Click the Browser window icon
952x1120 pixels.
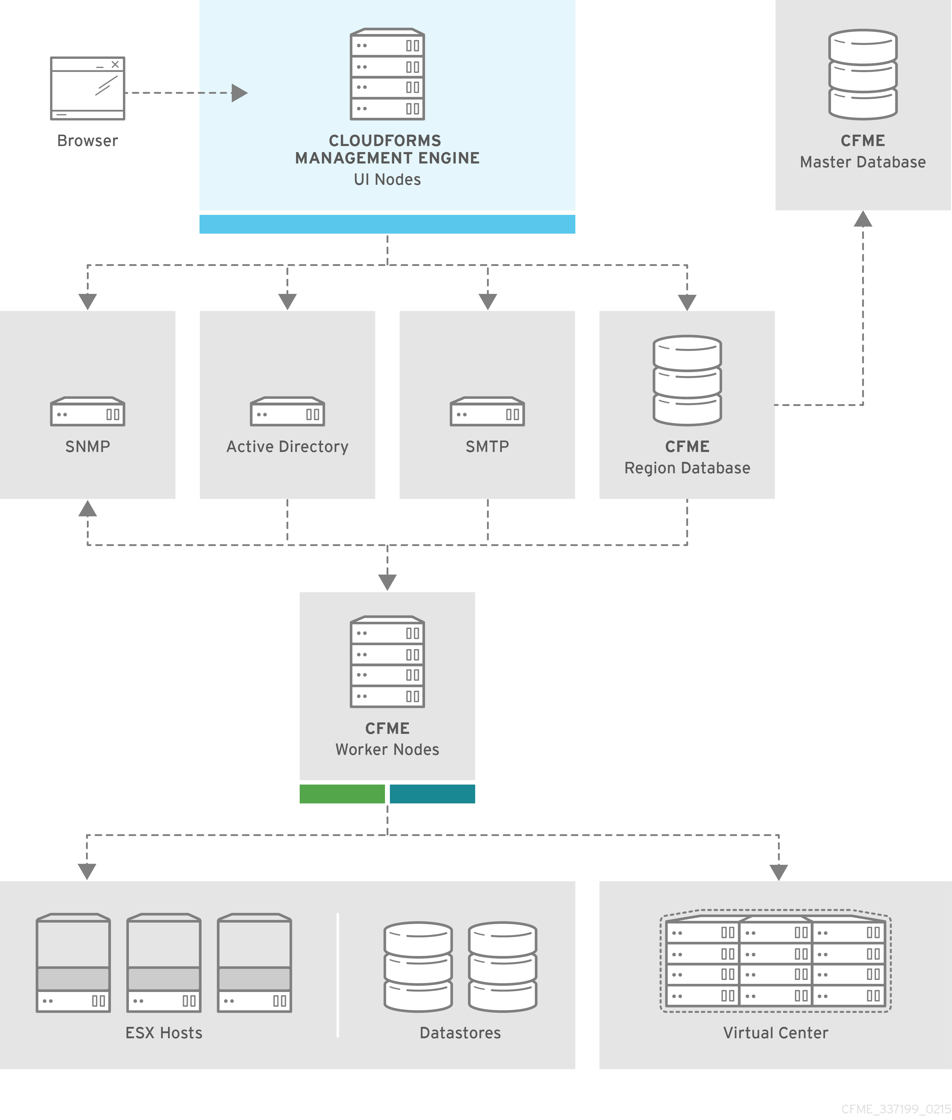click(87, 88)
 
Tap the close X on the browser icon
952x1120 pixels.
click(115, 64)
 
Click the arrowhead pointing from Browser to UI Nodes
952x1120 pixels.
click(239, 93)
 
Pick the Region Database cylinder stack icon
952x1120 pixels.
click(687, 380)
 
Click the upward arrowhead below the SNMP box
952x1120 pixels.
click(87, 509)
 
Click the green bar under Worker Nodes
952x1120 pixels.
click(342, 794)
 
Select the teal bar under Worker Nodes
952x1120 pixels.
click(432, 794)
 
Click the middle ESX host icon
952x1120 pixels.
click(164, 963)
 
